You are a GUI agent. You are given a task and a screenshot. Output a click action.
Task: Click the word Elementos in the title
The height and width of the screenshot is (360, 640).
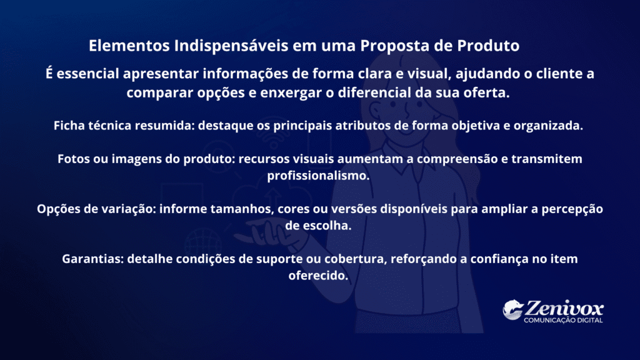click(x=129, y=45)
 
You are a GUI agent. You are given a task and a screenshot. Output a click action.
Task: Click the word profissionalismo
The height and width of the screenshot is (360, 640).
click(x=318, y=176)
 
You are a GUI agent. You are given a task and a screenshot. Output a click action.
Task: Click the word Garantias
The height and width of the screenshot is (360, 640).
click(x=92, y=259)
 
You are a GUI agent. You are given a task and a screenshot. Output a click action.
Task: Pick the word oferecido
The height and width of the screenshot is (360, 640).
click(x=318, y=276)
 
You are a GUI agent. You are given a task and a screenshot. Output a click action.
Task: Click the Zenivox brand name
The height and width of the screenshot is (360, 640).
click(x=564, y=307)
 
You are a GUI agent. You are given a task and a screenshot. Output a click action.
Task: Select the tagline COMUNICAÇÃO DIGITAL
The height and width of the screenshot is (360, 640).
click(x=563, y=321)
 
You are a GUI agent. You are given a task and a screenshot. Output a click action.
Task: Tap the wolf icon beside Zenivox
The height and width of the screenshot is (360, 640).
click(x=512, y=310)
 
